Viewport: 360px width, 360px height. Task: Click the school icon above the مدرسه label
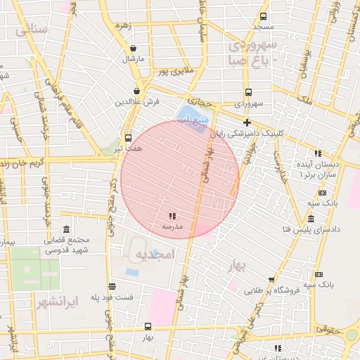[172, 216]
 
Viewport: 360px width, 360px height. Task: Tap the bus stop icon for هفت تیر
[128, 138]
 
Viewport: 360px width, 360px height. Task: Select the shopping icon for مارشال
[134, 49]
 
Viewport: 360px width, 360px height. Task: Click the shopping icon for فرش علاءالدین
[137, 91]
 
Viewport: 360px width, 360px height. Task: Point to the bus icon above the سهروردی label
[248, 92]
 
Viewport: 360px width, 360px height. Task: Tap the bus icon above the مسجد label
[264, 16]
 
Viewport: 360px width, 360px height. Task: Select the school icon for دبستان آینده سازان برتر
[318, 153]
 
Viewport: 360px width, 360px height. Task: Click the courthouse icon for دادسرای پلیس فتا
[321, 219]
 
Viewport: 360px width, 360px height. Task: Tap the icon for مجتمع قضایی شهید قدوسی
[66, 230]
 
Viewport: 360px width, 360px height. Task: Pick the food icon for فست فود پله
[112, 286]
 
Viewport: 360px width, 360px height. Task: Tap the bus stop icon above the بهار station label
[147, 326]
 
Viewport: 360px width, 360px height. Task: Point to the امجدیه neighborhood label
[154, 254]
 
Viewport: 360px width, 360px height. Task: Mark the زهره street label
[124, 26]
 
